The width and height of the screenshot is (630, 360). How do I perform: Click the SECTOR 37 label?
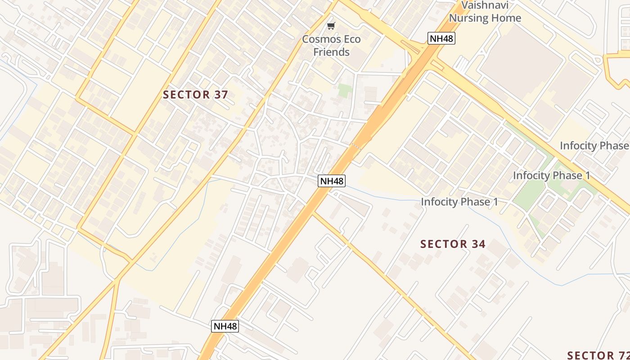tap(195, 95)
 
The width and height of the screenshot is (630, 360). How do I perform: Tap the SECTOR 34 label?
tap(453, 244)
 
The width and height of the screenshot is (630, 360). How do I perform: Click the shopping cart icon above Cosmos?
tap(331, 26)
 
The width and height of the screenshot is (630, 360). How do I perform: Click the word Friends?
tap(331, 52)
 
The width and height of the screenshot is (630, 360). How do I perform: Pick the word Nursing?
tap(470, 18)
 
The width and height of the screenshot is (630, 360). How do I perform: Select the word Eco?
tap(351, 39)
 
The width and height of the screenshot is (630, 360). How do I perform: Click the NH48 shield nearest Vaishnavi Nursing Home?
tap(441, 38)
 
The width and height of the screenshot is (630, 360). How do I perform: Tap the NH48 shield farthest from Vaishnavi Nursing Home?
tap(225, 326)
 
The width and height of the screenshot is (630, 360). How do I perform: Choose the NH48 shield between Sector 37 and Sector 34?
tap(332, 181)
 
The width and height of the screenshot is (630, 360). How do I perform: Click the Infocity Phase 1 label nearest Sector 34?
tap(459, 202)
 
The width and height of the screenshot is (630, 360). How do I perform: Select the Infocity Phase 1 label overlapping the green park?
tap(551, 175)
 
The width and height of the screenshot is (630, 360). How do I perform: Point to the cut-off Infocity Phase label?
tap(594, 146)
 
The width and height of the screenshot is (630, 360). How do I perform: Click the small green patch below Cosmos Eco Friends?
tap(345, 90)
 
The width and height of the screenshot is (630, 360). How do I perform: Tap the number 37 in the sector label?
tap(221, 95)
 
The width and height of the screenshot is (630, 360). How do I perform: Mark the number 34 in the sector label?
tap(478, 244)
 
